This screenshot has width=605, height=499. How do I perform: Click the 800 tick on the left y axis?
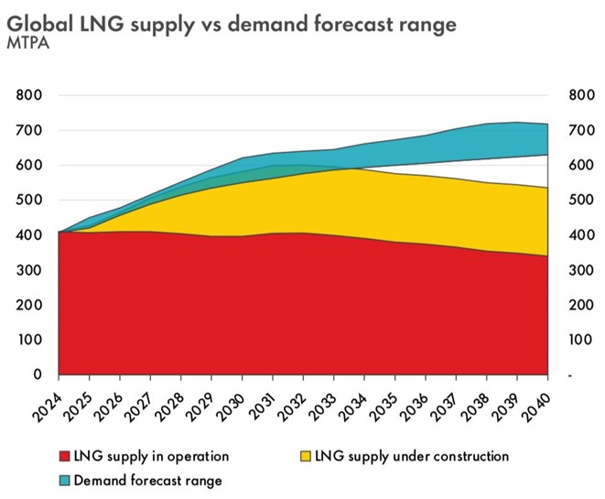pos(29,95)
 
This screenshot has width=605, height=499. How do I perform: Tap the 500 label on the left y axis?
pos(29,201)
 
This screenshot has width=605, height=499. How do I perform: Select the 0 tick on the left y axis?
pos(38,374)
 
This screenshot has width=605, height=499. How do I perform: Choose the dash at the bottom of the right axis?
pos(570,374)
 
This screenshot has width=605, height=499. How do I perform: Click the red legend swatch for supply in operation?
pos(65,456)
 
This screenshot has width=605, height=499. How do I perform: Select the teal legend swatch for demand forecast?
pos(65,479)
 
